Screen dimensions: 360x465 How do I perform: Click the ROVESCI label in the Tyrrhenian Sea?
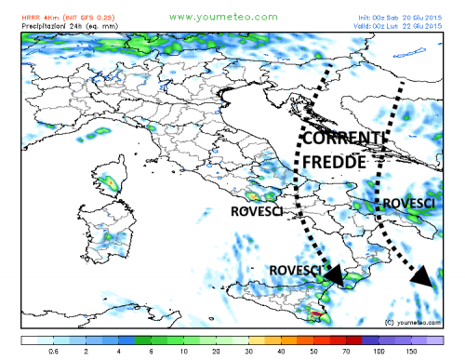257,210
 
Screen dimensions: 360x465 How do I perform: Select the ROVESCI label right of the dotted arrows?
410,203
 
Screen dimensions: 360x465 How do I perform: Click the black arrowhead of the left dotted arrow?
333,273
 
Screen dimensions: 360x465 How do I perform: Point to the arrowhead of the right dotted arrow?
424,275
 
